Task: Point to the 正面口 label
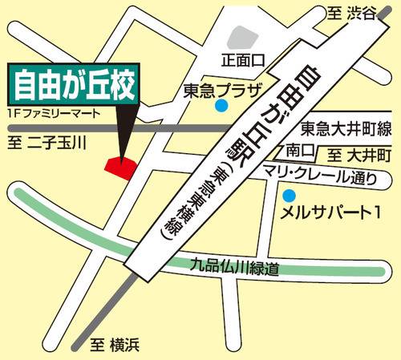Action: [x=244, y=60]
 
